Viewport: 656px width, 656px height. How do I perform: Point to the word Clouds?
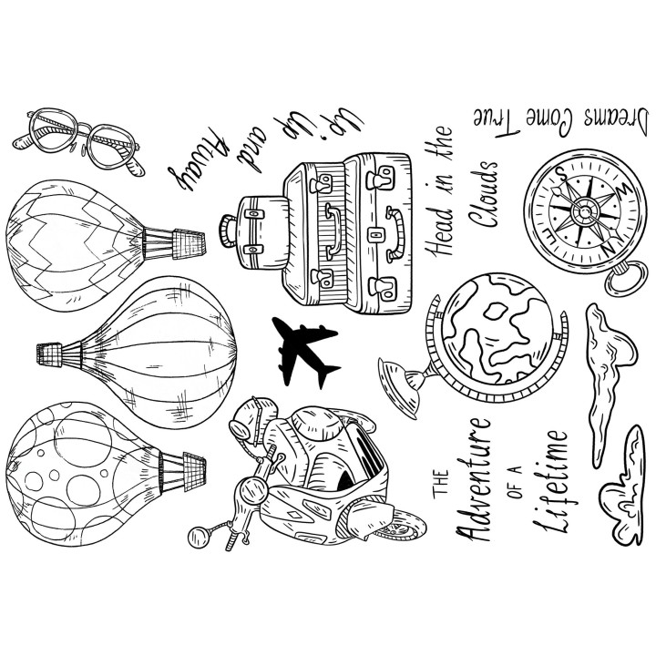click(x=483, y=194)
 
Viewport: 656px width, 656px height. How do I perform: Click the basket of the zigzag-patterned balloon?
click(x=189, y=242)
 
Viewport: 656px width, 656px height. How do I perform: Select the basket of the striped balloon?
click(x=50, y=354)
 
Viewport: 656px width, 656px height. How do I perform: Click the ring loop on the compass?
click(x=627, y=278)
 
